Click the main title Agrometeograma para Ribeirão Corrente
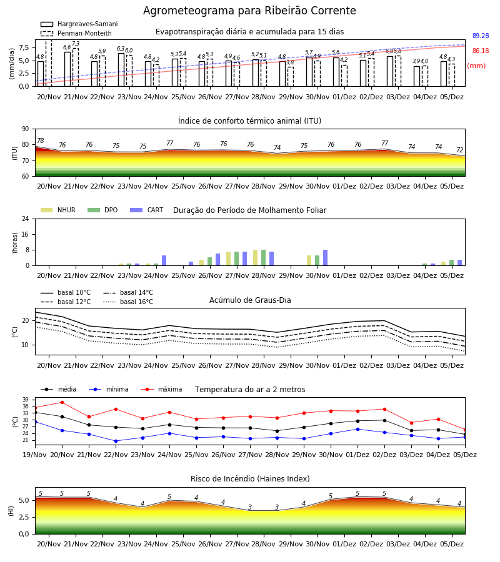pyautogui.click(x=249, y=11)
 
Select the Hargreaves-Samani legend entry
pyautogui.click(x=79, y=24)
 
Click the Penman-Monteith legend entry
pyautogui.click(x=76, y=33)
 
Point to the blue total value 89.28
pyautogui.click(x=481, y=36)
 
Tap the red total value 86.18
pyautogui.click(x=481, y=51)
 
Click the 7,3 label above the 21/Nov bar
pyautogui.click(x=76, y=44)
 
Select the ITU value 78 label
pyautogui.click(x=41, y=140)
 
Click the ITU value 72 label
pyautogui.click(x=460, y=150)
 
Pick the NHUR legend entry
pyautogui.click(x=58, y=210)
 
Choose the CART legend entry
pyautogui.click(x=147, y=210)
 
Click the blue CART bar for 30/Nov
pyautogui.click(x=326, y=258)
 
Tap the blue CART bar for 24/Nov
pyautogui.click(x=164, y=260)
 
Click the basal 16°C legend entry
pyautogui.click(x=128, y=302)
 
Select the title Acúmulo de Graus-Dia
pyautogui.click(x=250, y=300)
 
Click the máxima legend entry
pyautogui.click(x=161, y=389)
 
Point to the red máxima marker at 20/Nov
pyautogui.click(x=62, y=403)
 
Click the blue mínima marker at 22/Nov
pyautogui.click(x=116, y=441)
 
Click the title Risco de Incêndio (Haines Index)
pyautogui.click(x=250, y=479)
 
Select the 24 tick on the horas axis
pyautogui.click(x=26, y=219)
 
